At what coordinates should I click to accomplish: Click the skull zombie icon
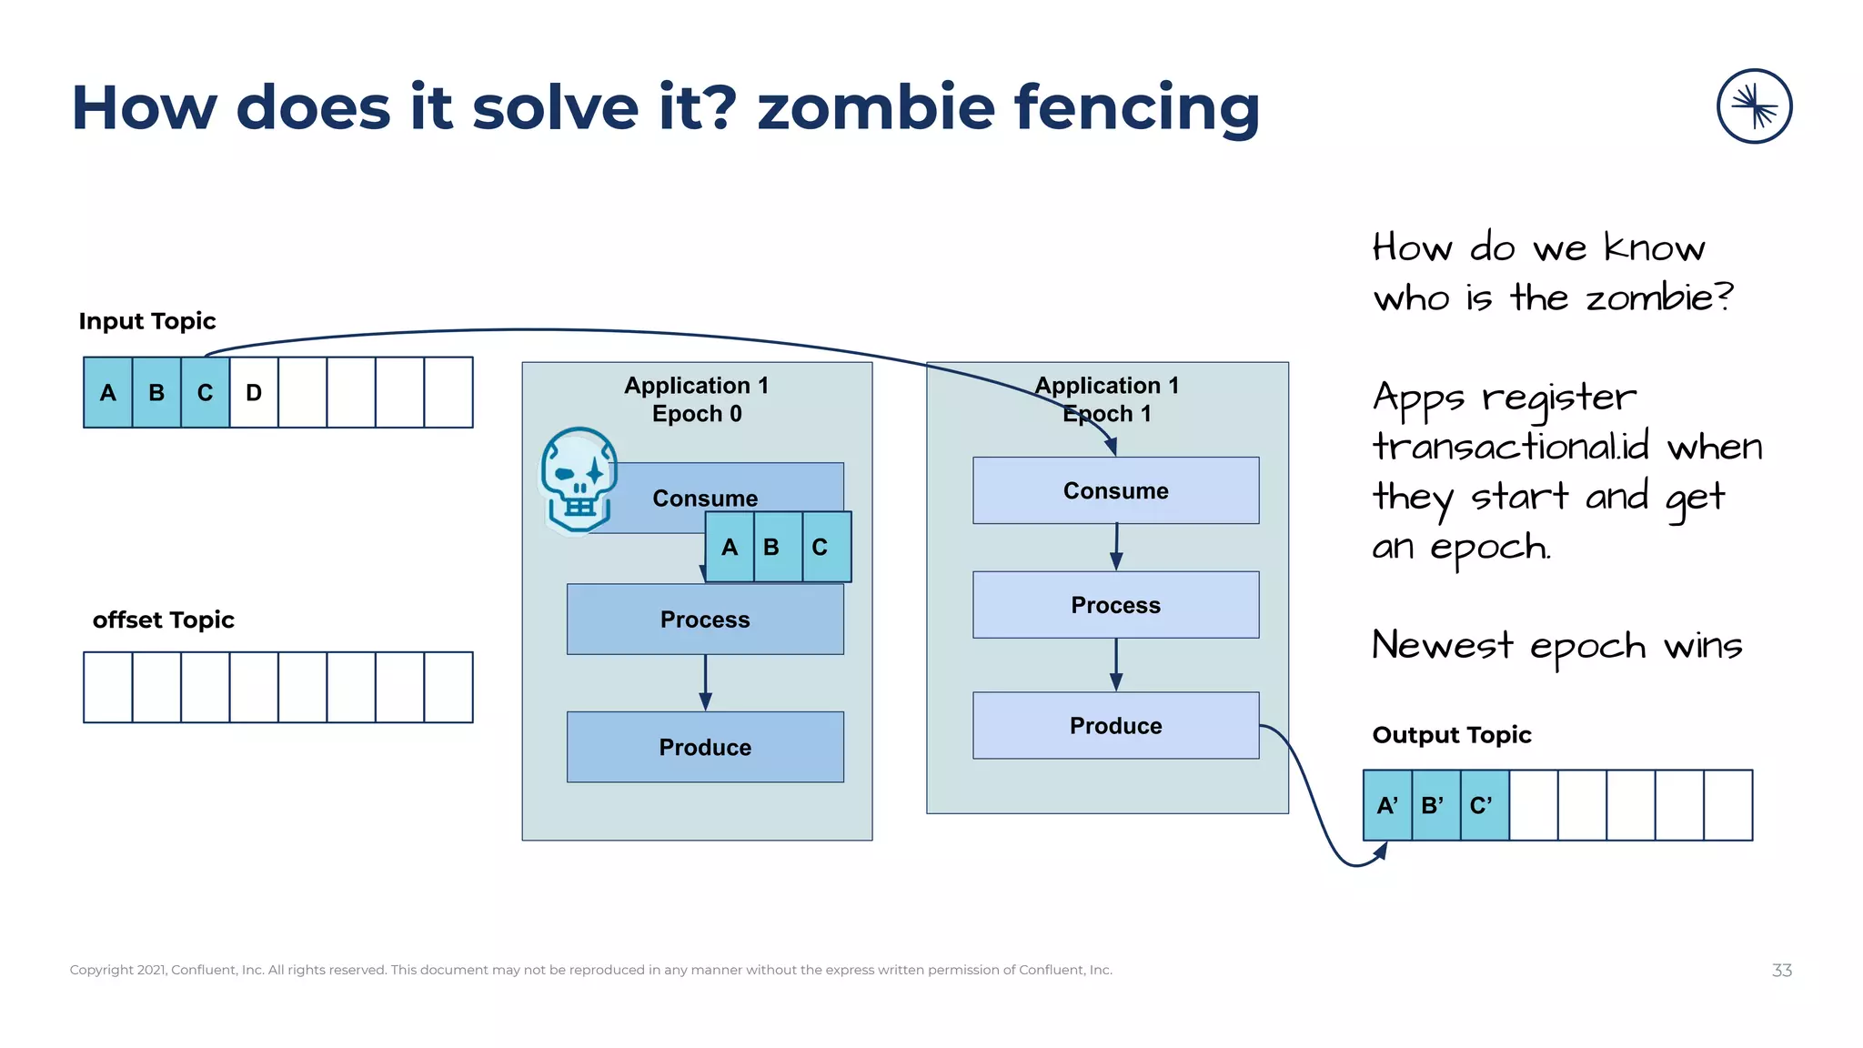pos(579,480)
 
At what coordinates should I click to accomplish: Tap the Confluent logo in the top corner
pos(1754,106)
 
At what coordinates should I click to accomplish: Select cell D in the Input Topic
pos(254,392)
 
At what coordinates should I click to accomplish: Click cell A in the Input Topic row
pos(107,392)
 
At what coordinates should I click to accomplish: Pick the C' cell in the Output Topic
pos(1484,805)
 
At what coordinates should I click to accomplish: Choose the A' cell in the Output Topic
pos(1386,805)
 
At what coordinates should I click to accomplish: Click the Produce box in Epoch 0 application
pos(705,747)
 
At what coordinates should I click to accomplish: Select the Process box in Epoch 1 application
pos(1115,605)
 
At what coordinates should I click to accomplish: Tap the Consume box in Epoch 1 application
pos(1115,490)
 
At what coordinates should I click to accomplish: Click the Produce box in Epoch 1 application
pos(1115,725)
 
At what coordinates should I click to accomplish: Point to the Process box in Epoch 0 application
pos(705,620)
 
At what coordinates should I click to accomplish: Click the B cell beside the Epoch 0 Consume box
pos(771,547)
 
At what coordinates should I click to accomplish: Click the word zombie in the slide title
pos(876,107)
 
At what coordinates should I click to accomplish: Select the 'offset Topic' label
pos(164,620)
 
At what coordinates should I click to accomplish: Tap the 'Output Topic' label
pos(1451,734)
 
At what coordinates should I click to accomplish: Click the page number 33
pos(1781,970)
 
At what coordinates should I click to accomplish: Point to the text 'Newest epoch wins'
pos(1556,645)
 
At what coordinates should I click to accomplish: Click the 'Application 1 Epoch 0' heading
pos(697,399)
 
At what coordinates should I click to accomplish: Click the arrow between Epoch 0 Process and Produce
pos(705,682)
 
